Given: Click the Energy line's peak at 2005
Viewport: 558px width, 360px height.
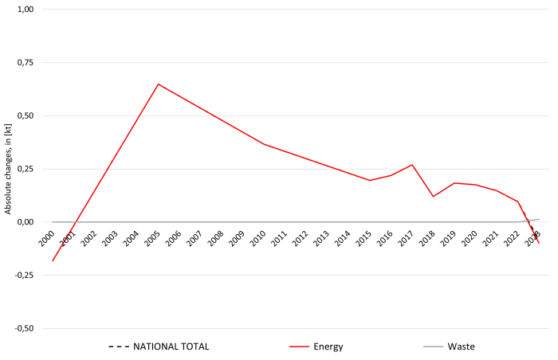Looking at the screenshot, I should pos(158,84).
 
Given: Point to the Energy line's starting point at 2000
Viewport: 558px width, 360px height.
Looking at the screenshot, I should pos(53,260).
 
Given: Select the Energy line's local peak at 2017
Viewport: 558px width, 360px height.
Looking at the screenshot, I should pos(412,165).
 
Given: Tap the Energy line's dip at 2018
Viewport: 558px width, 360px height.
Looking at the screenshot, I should pos(433,197).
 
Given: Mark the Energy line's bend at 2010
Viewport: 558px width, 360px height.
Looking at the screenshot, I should pos(264,144).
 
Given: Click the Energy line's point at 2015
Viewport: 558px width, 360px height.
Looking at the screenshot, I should pos(370,181).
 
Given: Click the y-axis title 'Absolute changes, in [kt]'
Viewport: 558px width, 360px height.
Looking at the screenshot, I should pos(9,169).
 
